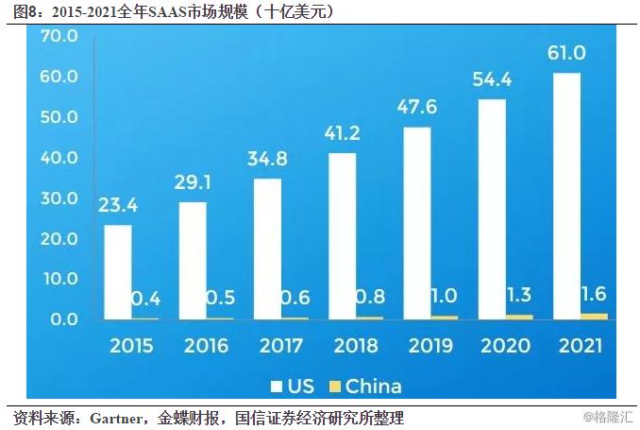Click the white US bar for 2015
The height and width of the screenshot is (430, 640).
[x=118, y=272]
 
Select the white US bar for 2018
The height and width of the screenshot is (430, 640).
[x=342, y=236]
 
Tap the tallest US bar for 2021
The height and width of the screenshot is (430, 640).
[x=566, y=196]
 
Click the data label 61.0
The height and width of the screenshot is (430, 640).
[x=566, y=54]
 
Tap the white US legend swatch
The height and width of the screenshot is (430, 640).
[x=278, y=387]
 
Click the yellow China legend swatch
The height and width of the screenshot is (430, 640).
[x=333, y=387]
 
